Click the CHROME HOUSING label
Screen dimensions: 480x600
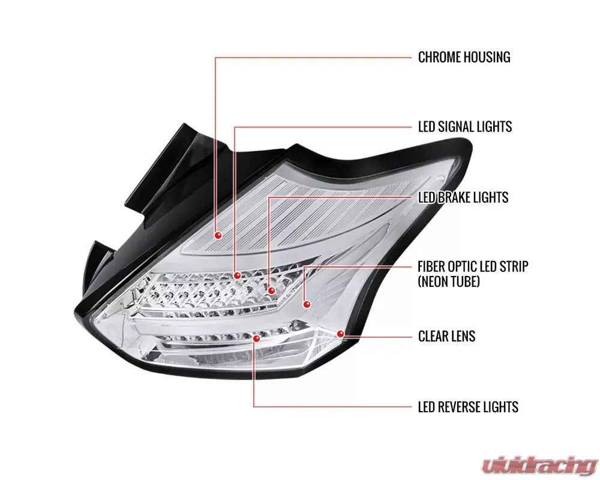[464, 58]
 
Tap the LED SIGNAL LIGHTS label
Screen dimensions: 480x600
[465, 127]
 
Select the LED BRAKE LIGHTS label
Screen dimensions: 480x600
[463, 197]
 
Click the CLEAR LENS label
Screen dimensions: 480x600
[446, 335]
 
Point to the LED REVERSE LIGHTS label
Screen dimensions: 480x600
[468, 407]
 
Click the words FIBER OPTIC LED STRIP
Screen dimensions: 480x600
[473, 266]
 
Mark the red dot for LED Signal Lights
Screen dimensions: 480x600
[238, 275]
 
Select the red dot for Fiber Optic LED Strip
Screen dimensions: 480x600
[307, 304]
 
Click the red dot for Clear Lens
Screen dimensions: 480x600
[341, 333]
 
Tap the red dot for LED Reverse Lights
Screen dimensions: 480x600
[257, 338]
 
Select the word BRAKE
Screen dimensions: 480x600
[455, 197]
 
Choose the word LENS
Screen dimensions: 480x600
[463, 335]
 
